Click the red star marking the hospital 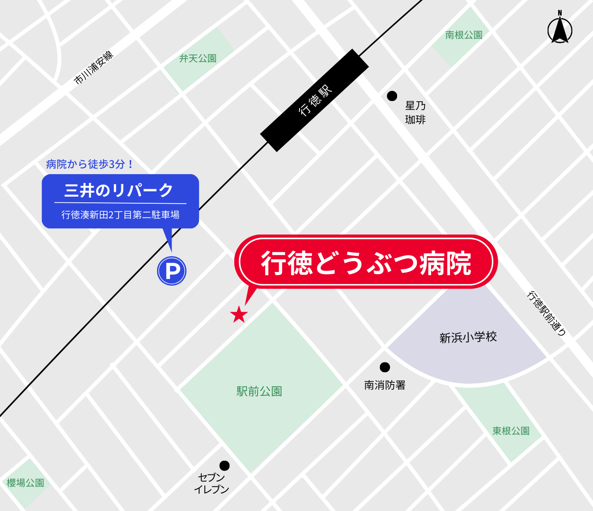[x=239, y=314]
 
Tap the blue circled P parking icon [x=172, y=271]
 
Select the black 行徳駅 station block [x=315, y=100]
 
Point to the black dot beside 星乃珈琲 [x=392, y=96]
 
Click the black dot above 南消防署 [x=385, y=367]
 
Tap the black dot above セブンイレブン [x=225, y=466]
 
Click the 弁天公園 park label [x=198, y=58]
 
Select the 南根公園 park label [x=464, y=35]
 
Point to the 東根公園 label [x=511, y=431]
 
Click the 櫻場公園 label [x=26, y=483]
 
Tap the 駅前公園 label [x=259, y=392]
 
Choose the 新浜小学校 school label [x=468, y=338]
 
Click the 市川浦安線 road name [x=94, y=67]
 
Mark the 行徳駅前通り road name [x=546, y=313]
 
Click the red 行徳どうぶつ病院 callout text [x=366, y=263]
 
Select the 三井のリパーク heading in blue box [x=119, y=190]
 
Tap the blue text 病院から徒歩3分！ [x=90, y=164]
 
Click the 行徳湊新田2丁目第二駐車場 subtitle [x=120, y=215]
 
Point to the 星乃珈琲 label [x=415, y=112]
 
